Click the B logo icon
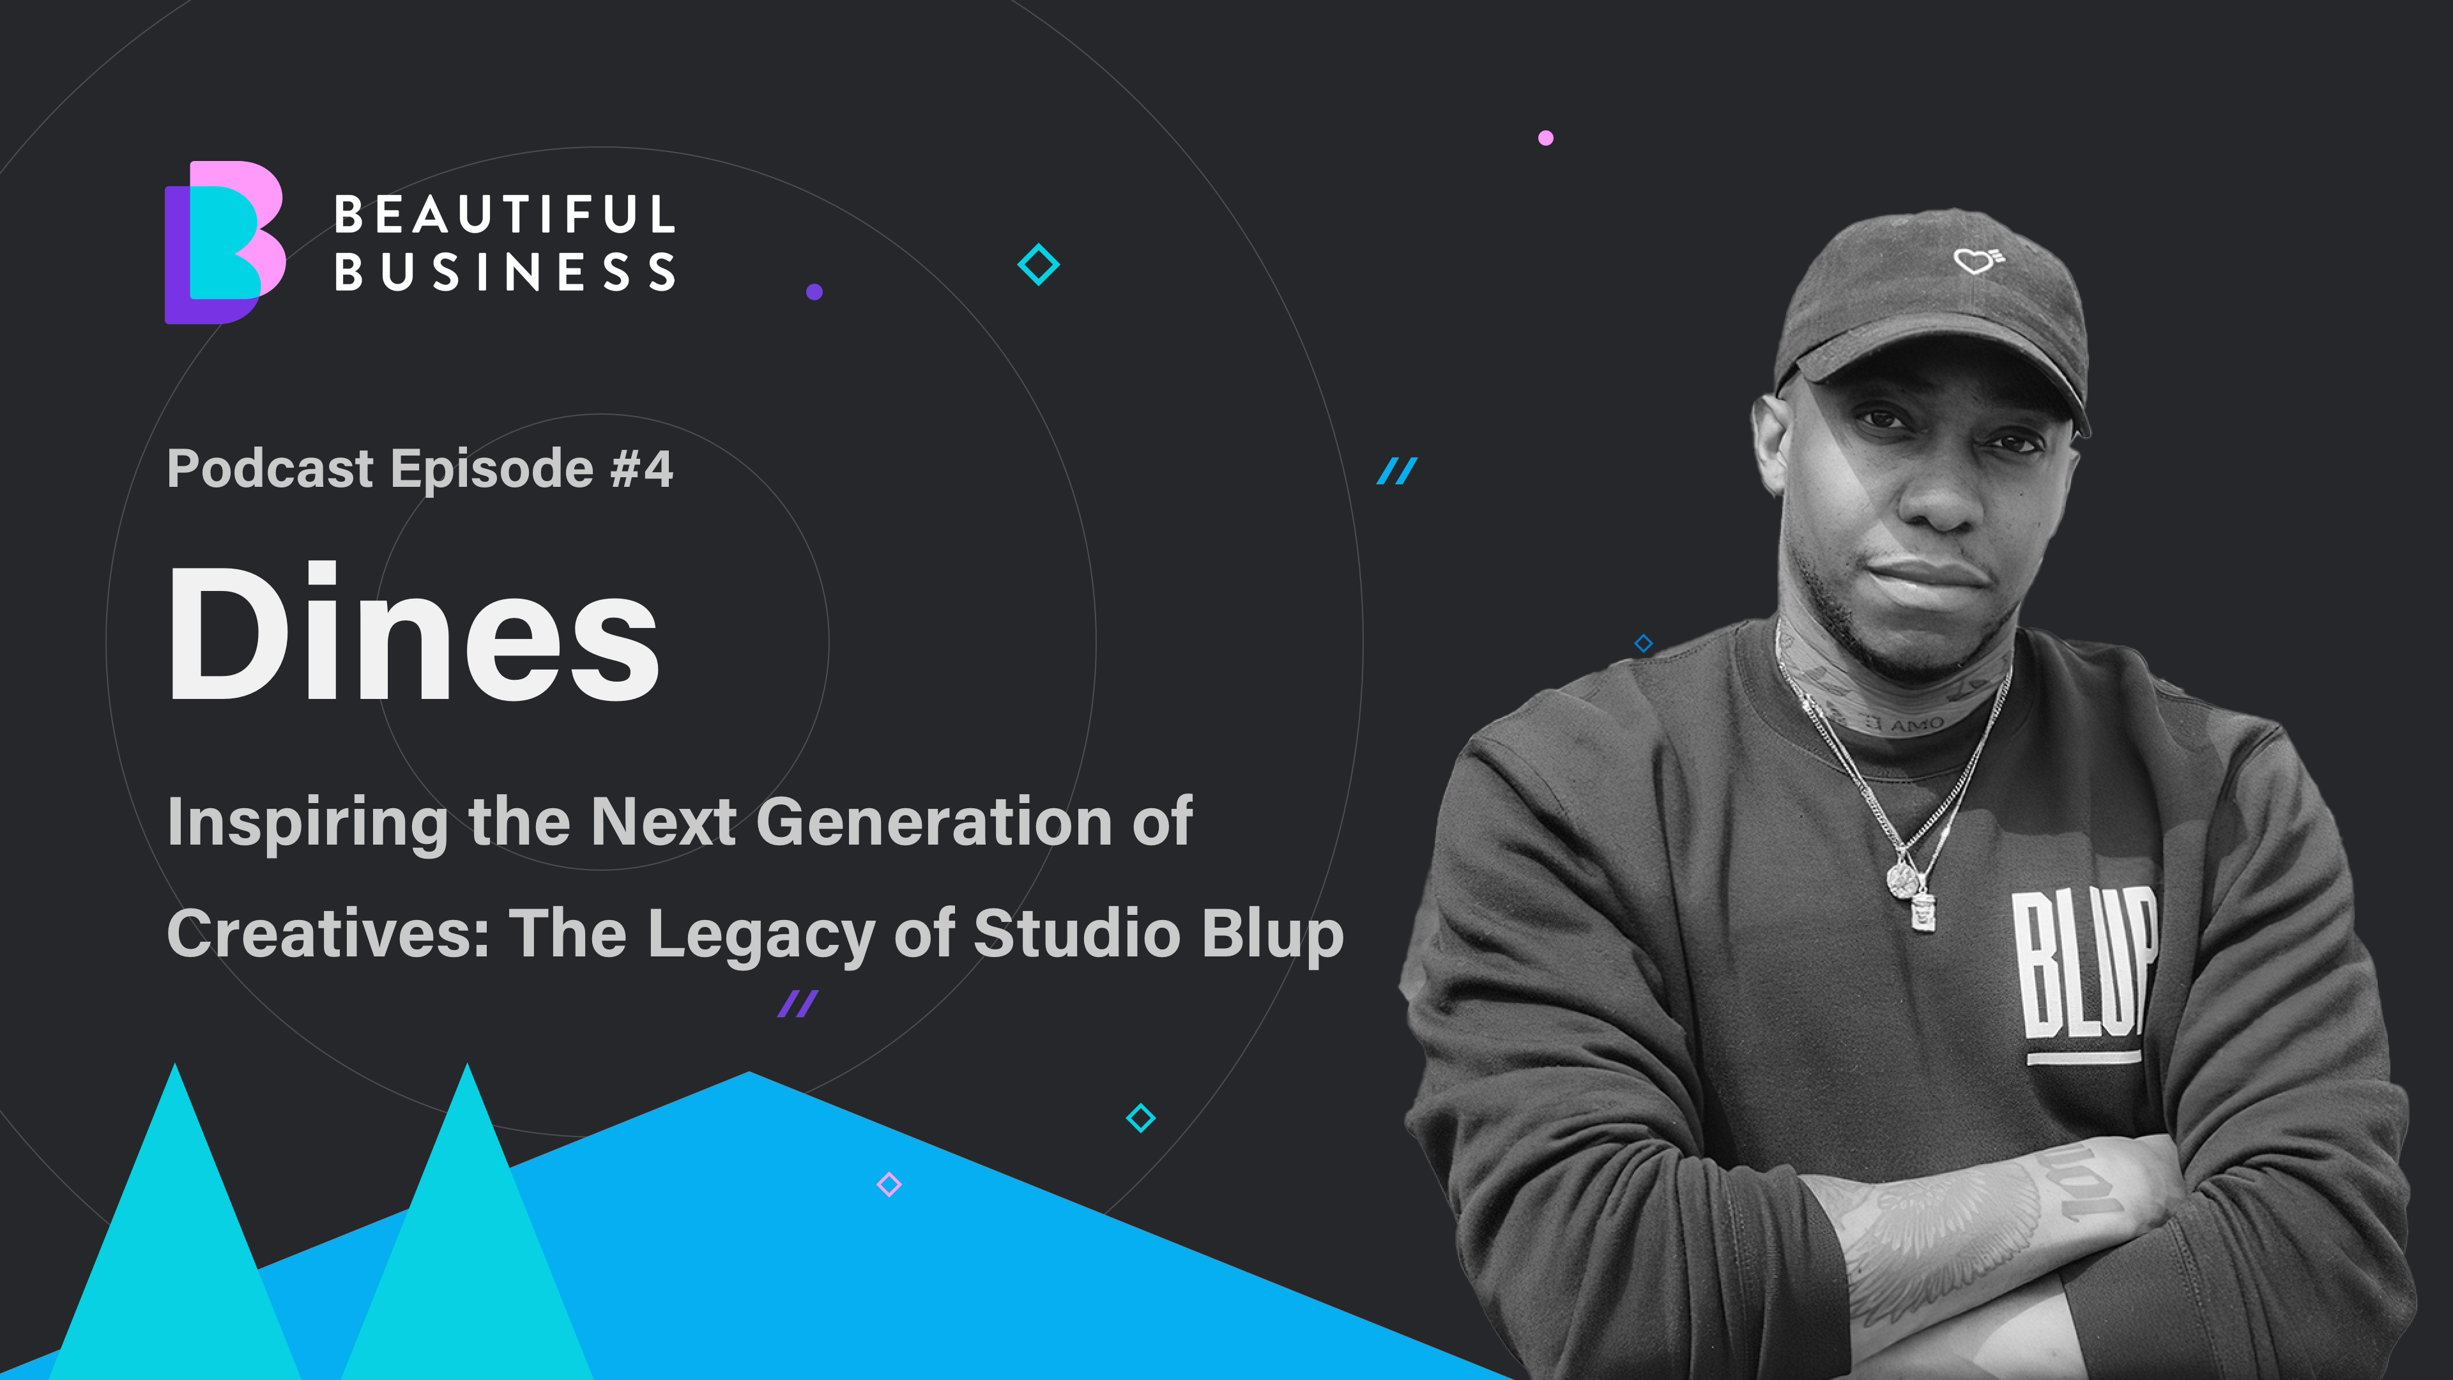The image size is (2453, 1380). point(225,242)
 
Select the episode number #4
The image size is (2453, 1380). point(642,468)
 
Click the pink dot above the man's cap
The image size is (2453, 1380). point(1545,138)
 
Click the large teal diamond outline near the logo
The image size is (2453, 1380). point(1039,264)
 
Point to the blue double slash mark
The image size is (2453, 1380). point(1397,470)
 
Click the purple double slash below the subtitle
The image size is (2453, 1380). point(798,1004)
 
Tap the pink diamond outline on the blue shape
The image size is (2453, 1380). point(889,1184)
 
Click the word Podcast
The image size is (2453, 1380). point(270,468)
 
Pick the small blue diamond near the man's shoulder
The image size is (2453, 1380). point(1644,644)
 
